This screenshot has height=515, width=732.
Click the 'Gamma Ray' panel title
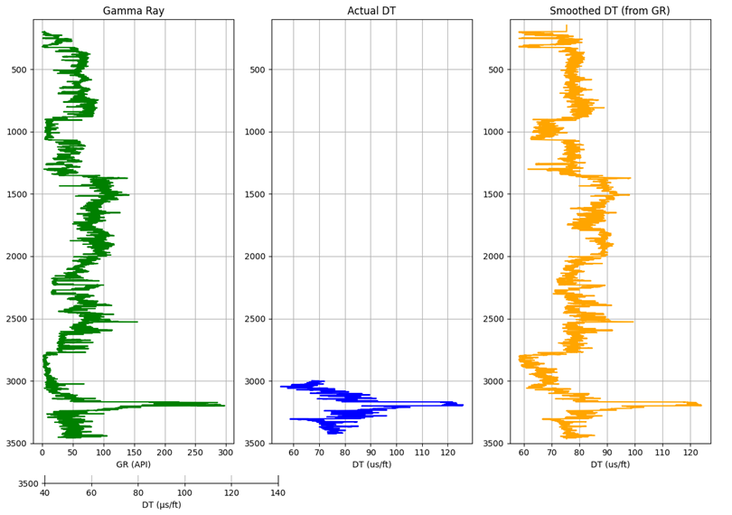[133, 11]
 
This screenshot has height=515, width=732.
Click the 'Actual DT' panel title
[371, 11]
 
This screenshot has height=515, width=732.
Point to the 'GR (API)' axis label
[133, 464]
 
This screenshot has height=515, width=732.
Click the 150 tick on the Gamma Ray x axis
[134, 452]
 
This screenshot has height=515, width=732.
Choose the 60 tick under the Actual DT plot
[294, 452]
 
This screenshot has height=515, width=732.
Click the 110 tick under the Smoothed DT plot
[662, 452]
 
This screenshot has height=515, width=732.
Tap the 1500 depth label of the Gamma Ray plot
[16, 194]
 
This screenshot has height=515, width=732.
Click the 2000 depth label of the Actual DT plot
[255, 257]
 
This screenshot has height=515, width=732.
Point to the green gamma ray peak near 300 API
[222, 405]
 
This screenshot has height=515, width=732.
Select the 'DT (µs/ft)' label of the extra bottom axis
[162, 504]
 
